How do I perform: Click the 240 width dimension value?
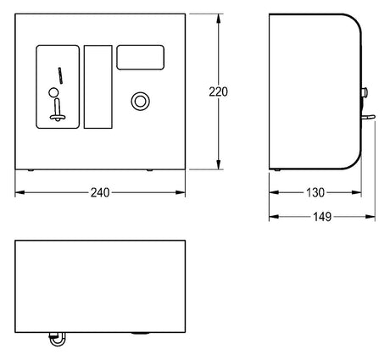click(x=100, y=192)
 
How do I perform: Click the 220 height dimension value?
click(x=218, y=92)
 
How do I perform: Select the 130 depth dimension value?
click(x=315, y=192)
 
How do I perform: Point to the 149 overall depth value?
click(x=322, y=217)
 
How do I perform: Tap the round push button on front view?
click(x=141, y=102)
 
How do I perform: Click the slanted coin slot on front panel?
click(x=60, y=75)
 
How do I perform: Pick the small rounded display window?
click(x=141, y=58)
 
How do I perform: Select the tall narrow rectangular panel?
click(x=98, y=86)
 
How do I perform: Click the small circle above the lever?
click(x=53, y=92)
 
